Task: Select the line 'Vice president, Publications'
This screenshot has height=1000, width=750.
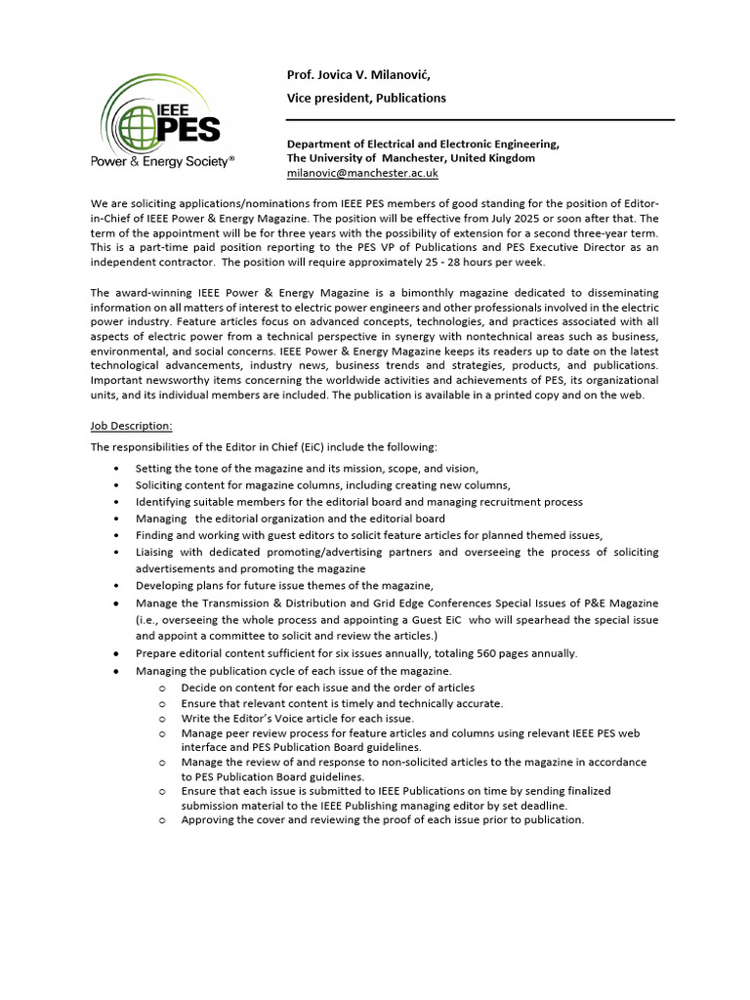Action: click(x=365, y=98)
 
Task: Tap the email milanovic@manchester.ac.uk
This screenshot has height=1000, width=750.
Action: click(x=362, y=172)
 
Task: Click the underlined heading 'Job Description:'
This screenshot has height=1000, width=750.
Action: click(x=131, y=426)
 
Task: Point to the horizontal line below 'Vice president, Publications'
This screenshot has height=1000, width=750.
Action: click(x=479, y=120)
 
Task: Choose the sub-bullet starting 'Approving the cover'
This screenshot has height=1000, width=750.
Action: click(x=382, y=820)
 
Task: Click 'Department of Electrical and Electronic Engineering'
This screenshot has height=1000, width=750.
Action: click(x=423, y=144)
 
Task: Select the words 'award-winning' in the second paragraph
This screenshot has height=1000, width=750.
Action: click(x=151, y=293)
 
